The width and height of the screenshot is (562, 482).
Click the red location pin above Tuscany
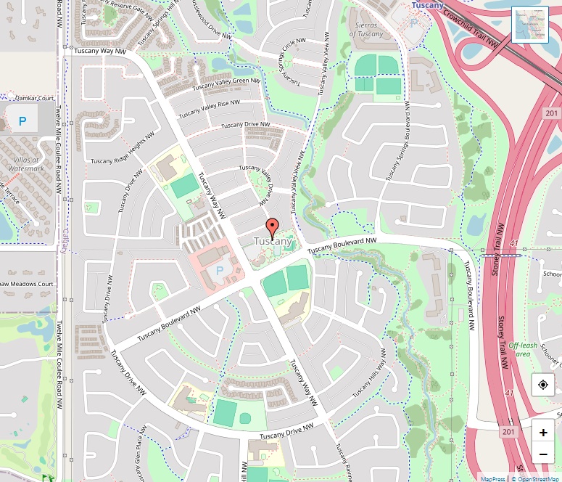click(x=273, y=226)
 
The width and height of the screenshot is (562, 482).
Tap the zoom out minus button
click(x=542, y=455)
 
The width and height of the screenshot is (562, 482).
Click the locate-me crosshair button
click(x=542, y=385)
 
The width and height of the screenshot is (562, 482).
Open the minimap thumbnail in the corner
click(x=530, y=25)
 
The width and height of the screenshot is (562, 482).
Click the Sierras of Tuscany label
click(x=365, y=30)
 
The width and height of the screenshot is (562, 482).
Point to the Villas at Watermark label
click(x=26, y=163)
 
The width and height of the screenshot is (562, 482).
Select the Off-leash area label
click(x=523, y=349)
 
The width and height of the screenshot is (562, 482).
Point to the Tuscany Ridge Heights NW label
click(x=123, y=149)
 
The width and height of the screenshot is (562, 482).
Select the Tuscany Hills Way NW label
click(x=370, y=373)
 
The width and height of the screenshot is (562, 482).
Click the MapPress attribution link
click(x=492, y=478)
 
